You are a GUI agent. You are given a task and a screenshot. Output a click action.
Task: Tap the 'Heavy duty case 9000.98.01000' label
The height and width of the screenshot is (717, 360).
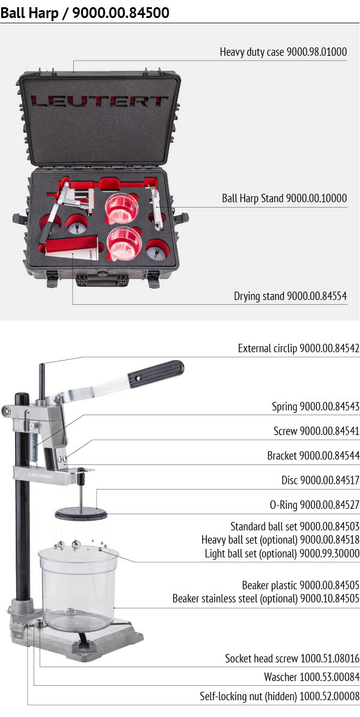click(x=283, y=52)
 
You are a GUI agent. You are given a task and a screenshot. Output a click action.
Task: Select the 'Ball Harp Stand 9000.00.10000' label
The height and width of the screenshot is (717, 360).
click(x=284, y=198)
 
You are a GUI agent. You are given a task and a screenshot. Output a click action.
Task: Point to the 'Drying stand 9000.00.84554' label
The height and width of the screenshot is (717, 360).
click(x=290, y=296)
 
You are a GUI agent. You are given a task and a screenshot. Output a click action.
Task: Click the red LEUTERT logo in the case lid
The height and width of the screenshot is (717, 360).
click(x=100, y=101)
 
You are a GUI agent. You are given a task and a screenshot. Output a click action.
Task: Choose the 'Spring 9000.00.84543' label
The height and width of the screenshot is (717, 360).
click(x=316, y=407)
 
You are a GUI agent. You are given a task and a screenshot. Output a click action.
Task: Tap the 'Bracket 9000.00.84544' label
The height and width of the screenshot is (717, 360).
click(x=313, y=456)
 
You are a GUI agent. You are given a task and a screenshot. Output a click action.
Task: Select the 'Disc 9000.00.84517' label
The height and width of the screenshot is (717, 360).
click(x=320, y=481)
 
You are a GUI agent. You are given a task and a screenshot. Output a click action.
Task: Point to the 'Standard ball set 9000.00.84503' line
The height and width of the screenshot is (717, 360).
click(x=295, y=527)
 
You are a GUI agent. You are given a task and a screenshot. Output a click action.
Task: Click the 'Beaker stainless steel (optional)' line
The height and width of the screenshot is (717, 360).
click(x=266, y=599)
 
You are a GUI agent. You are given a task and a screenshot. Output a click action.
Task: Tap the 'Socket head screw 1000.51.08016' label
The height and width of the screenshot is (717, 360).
click(x=292, y=659)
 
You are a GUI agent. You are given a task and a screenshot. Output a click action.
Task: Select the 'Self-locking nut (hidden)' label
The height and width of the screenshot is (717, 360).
click(x=280, y=697)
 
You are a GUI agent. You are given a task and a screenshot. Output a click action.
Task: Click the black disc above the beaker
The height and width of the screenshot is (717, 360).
click(x=80, y=514)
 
